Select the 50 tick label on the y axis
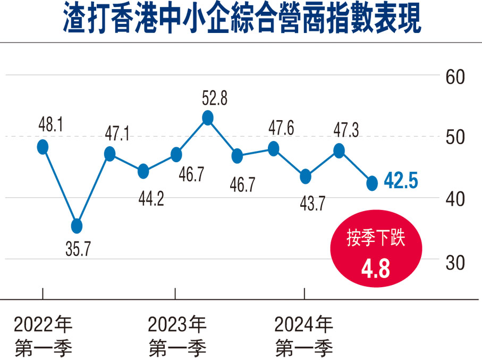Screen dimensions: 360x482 click(455, 138)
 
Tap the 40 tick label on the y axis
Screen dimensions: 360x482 click(455, 199)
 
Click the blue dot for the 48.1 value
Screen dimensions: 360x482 click(43, 147)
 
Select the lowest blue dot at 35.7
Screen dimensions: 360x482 click(77, 226)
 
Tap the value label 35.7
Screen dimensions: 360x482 click(76, 249)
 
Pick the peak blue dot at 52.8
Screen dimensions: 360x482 click(208, 118)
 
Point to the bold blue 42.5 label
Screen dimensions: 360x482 click(401, 182)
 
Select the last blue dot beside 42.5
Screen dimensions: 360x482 click(372, 183)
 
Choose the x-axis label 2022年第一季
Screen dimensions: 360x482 click(43, 336)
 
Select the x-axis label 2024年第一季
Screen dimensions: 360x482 click(304, 336)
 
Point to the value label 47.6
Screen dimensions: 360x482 click(282, 129)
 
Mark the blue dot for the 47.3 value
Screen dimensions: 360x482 click(339, 151)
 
